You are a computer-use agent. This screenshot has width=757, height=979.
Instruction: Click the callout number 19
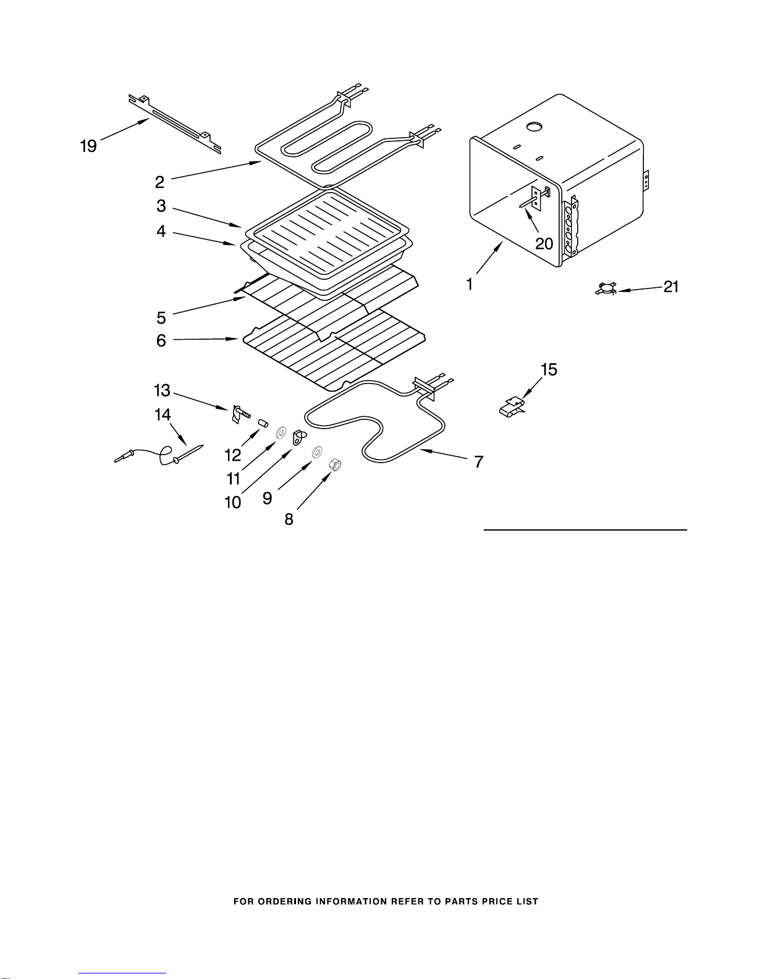tap(88, 146)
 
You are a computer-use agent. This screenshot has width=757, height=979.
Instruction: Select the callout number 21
tap(671, 287)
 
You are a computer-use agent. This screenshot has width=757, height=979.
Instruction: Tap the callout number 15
tap(549, 369)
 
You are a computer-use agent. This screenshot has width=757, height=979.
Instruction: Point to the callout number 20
tap(544, 244)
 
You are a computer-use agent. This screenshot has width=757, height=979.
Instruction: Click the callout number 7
tap(478, 462)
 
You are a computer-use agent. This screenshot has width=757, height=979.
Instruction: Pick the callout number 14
tap(163, 414)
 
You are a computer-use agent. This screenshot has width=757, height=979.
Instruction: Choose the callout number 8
tap(289, 519)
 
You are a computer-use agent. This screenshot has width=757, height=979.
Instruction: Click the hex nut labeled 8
tap(335, 464)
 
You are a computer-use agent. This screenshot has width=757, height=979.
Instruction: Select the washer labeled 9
tap(317, 452)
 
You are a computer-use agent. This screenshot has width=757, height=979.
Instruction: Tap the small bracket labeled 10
tap(298, 437)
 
